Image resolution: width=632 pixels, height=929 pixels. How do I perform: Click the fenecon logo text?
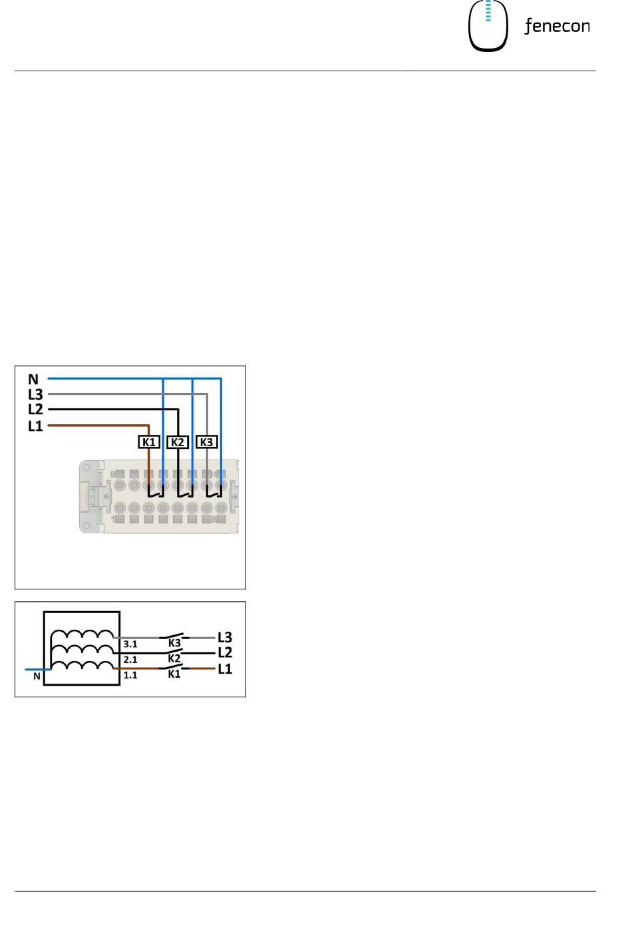tap(557, 27)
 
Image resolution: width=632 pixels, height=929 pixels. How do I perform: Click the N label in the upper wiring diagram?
tap(33, 380)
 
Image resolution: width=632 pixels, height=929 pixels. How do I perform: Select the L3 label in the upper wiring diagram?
tap(35, 394)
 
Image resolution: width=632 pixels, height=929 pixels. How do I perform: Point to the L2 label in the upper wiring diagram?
tap(35, 410)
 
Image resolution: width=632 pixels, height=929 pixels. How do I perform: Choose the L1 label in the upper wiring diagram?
tap(35, 426)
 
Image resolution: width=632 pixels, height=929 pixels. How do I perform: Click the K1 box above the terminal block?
tap(149, 442)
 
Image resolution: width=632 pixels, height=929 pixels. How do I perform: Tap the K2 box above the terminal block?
tap(178, 442)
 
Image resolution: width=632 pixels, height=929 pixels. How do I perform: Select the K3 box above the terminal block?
tap(208, 442)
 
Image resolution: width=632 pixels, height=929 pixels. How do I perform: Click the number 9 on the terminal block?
tap(112, 473)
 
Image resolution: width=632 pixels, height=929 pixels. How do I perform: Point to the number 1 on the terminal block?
tap(112, 519)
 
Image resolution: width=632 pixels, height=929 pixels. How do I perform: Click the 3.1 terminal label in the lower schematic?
tap(130, 644)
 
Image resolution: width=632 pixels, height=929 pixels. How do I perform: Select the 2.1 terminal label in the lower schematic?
tap(130, 660)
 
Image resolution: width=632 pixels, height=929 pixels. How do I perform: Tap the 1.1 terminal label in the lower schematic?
tap(130, 675)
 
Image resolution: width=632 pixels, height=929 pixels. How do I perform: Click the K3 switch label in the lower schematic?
tap(174, 643)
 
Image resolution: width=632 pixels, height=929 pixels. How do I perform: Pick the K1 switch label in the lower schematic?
tap(174, 674)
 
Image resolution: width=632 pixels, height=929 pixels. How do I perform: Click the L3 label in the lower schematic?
tap(226, 638)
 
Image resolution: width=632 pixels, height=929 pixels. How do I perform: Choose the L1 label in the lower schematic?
tap(226, 669)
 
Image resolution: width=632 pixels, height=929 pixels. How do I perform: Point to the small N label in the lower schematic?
tap(37, 677)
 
